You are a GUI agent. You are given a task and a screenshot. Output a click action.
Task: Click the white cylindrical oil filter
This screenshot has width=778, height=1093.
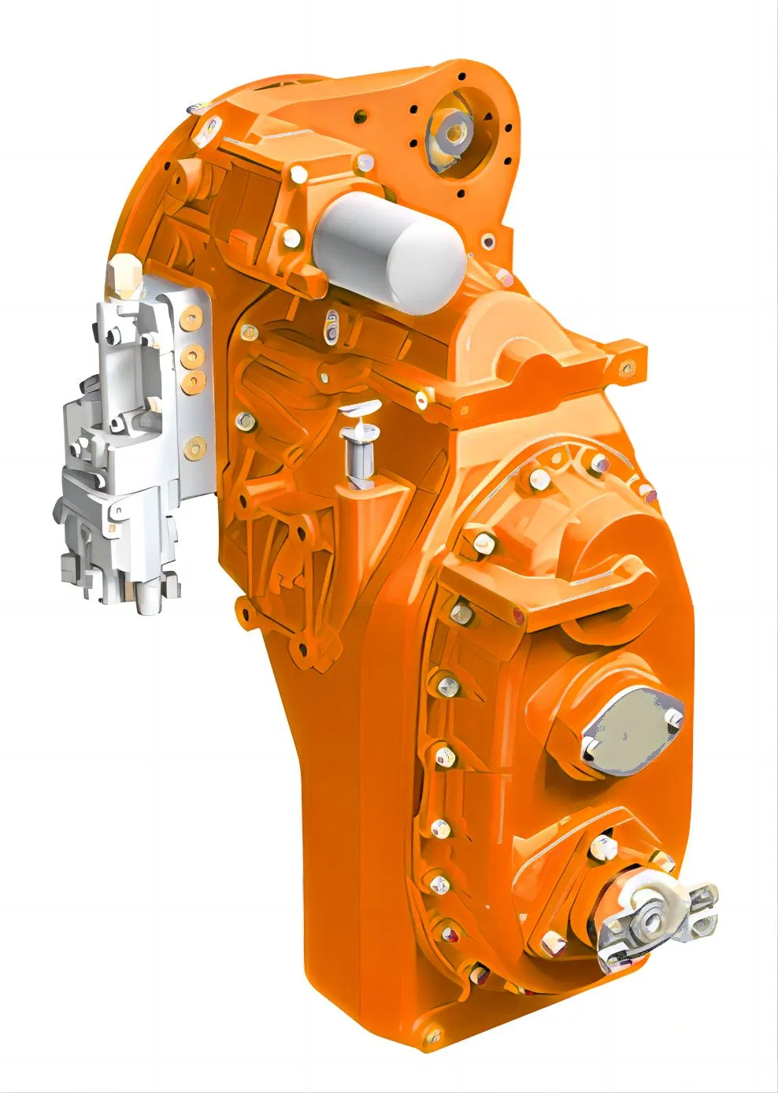click(389, 243)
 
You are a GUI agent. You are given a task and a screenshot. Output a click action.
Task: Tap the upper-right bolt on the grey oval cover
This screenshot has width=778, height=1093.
click(672, 716)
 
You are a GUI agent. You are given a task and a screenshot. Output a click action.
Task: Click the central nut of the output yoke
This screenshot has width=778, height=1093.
click(652, 919)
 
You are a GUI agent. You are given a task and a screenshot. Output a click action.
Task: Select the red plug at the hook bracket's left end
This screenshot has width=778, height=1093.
click(517, 616)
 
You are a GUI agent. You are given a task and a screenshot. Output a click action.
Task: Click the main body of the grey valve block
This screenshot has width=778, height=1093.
click(130, 441)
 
